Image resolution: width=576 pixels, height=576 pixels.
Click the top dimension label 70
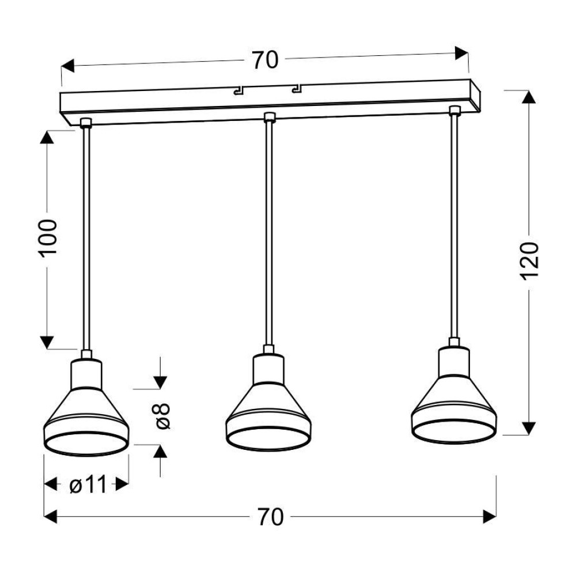(x=265, y=60)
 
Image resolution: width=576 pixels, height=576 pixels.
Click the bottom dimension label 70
(x=270, y=517)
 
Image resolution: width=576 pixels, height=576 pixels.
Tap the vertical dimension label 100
(x=48, y=238)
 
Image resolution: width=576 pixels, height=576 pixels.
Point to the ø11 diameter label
(x=88, y=484)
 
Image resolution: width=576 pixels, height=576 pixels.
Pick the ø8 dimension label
(x=162, y=416)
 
